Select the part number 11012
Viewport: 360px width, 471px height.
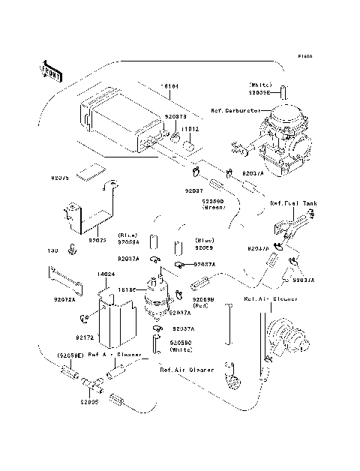coord(189,129)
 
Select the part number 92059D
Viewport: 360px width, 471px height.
coord(214,202)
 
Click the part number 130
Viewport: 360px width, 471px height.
coord(53,252)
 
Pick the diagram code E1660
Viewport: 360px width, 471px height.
coord(304,56)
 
